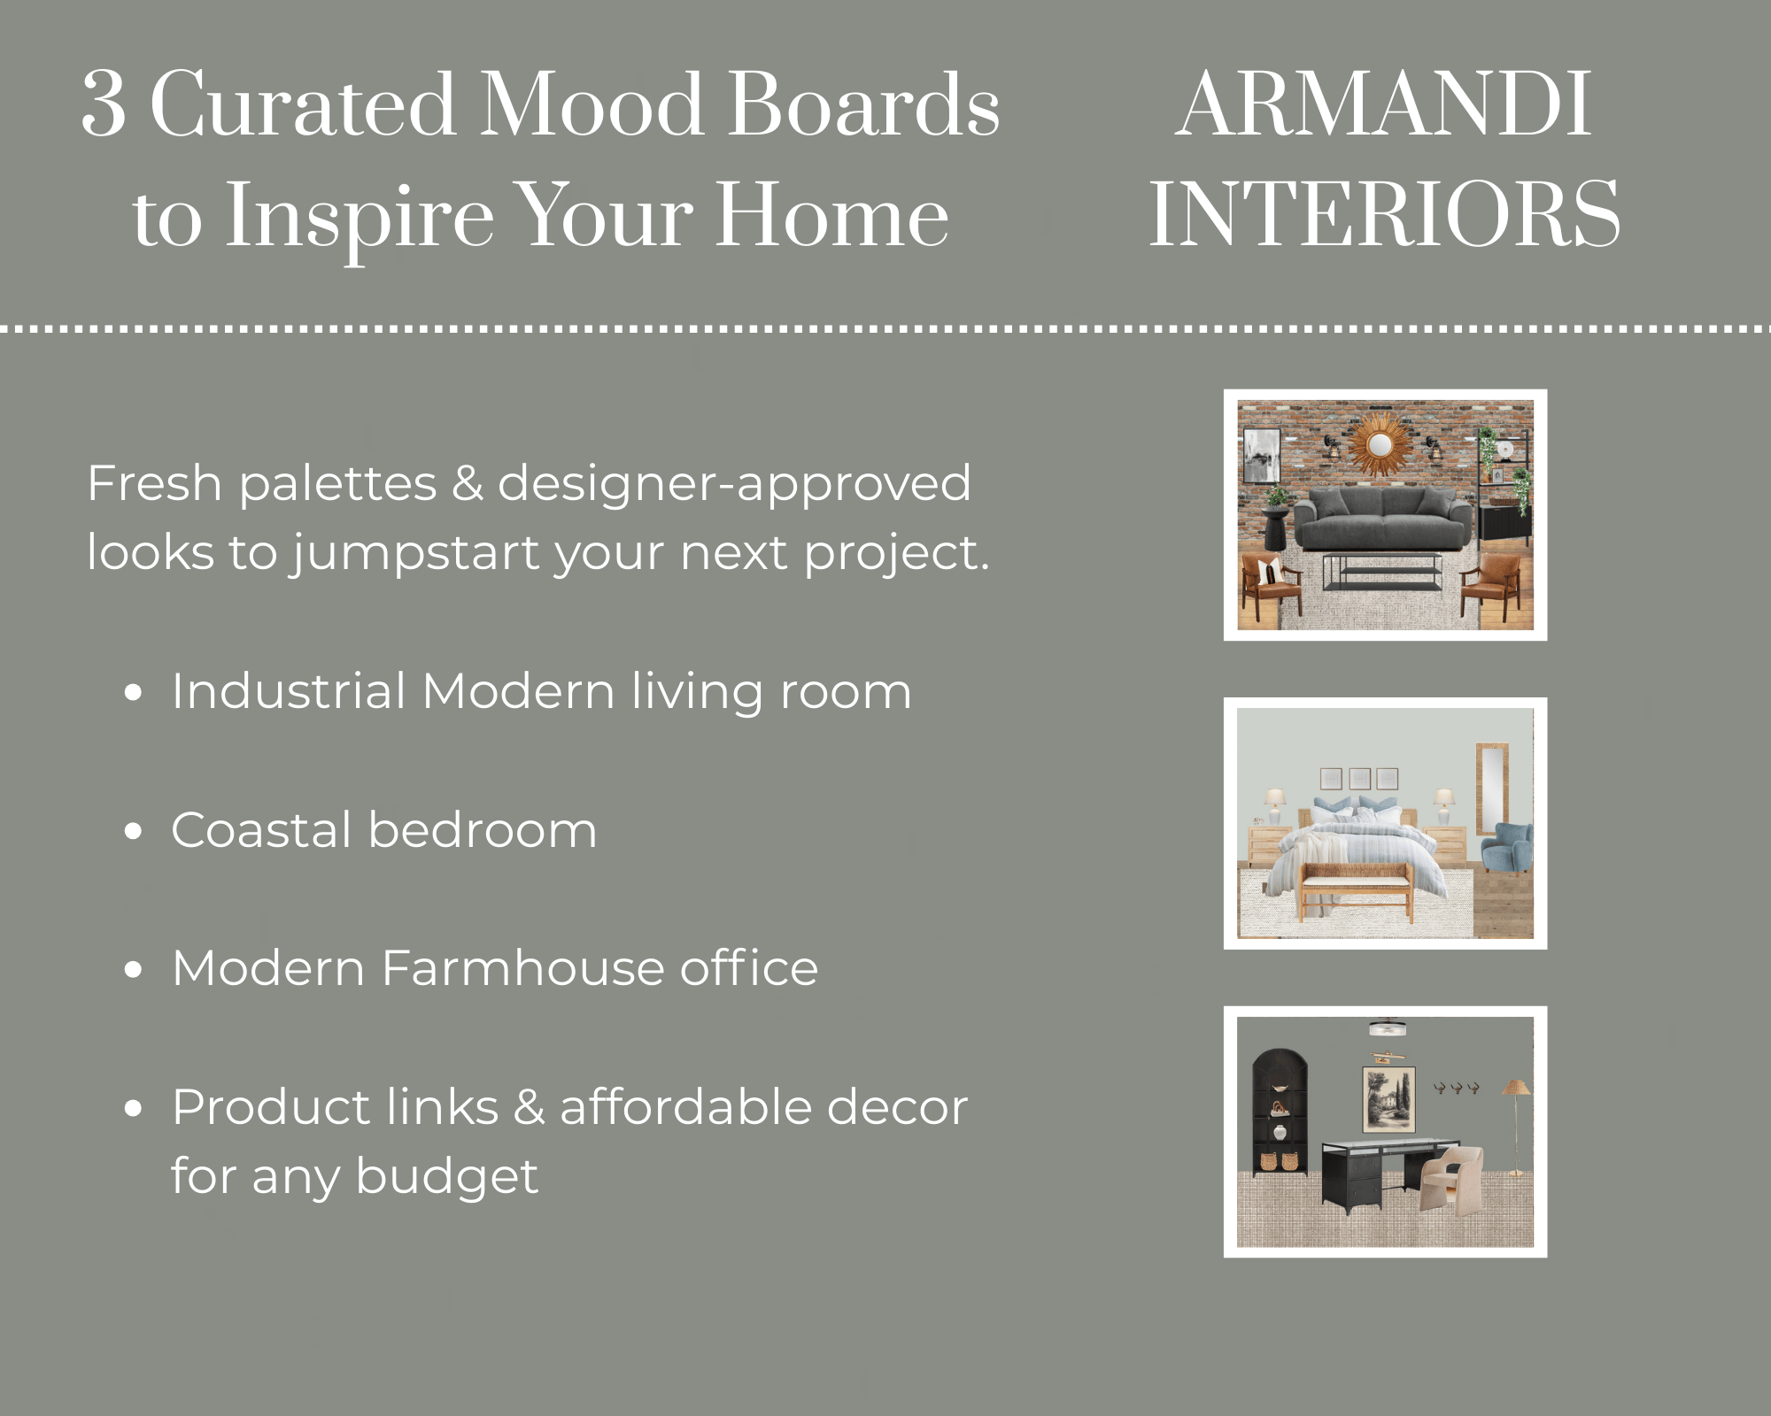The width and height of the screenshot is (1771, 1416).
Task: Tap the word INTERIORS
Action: [1384, 215]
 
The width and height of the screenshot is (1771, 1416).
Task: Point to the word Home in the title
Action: [832, 215]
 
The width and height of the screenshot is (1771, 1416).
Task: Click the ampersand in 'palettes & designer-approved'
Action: [467, 484]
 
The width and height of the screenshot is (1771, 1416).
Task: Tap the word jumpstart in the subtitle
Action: [414, 554]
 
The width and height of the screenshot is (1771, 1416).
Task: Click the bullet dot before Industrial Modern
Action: [134, 693]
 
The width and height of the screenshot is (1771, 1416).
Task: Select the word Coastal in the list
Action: [262, 830]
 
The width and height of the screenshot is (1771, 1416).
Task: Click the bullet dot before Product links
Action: [134, 1108]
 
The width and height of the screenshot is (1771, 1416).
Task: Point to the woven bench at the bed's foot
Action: [1357, 888]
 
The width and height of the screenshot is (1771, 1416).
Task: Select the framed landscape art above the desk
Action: [1388, 1099]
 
